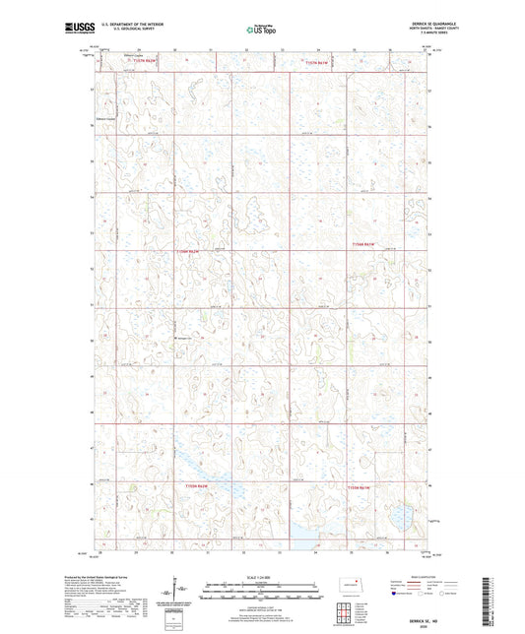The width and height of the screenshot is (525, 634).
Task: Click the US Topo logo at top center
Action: pos(261,31)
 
